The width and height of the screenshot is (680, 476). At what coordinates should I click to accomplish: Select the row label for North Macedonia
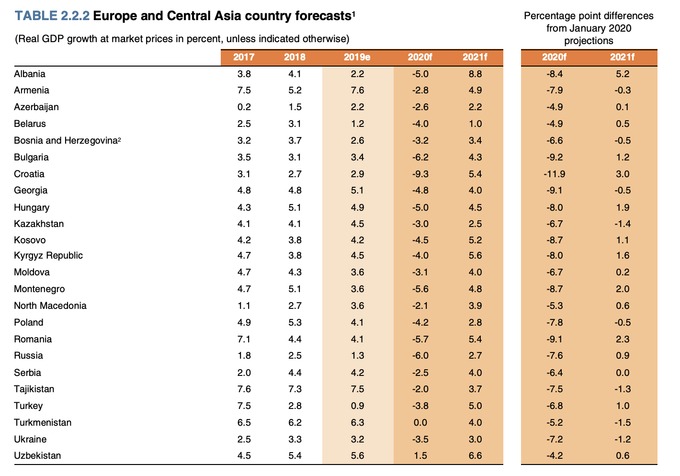tap(51, 306)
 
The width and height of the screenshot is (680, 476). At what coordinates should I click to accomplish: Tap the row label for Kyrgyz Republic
tap(47, 256)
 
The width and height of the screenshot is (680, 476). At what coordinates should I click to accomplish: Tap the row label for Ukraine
tap(31, 438)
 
